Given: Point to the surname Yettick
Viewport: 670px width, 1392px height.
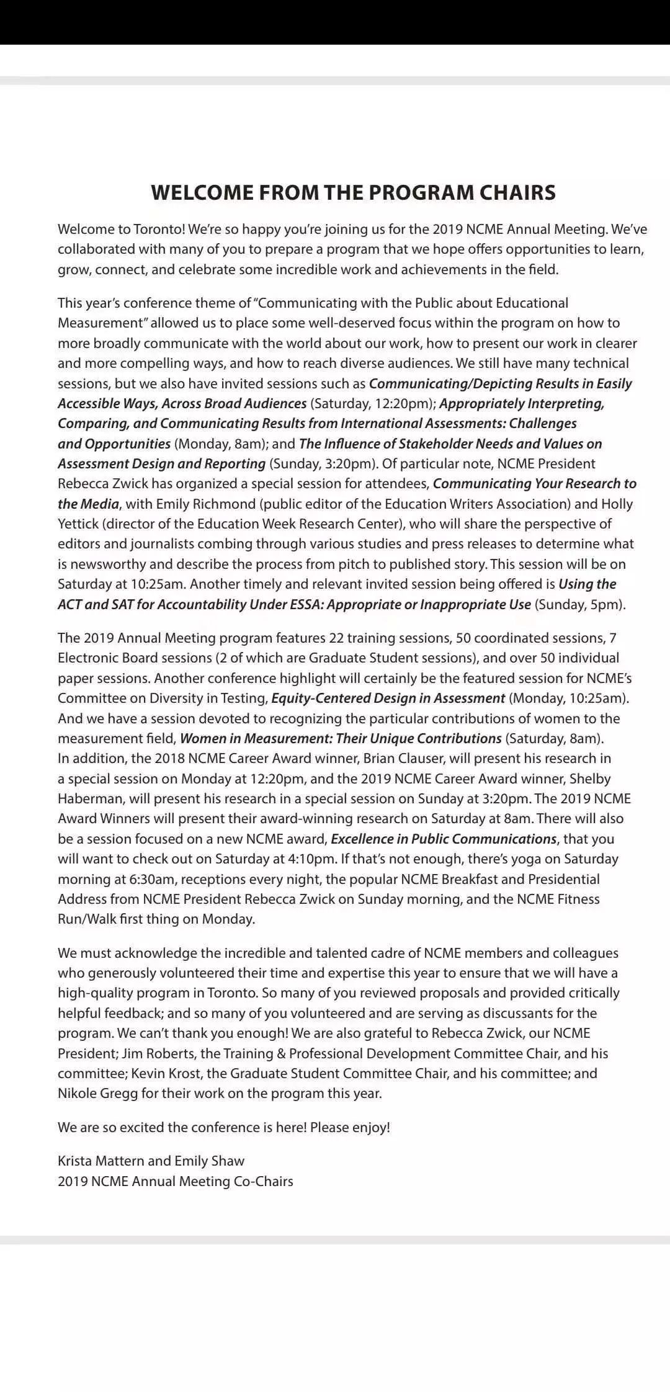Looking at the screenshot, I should tap(78, 524).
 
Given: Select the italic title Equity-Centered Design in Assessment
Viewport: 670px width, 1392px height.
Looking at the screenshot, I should tap(388, 698).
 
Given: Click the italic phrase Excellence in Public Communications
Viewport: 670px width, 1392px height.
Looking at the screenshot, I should tap(444, 839).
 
